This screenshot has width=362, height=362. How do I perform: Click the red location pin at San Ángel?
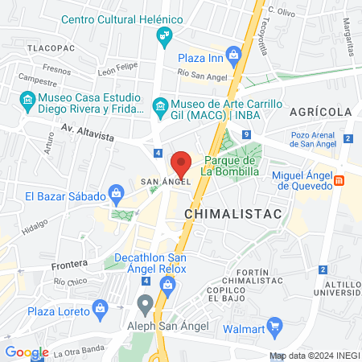[x=181, y=162]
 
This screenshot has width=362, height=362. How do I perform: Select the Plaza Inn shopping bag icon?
[x=233, y=56]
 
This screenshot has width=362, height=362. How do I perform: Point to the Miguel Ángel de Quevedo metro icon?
[x=340, y=180]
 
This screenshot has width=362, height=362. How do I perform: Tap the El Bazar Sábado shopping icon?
[x=116, y=193]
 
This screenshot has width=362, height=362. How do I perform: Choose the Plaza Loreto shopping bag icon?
[x=100, y=307]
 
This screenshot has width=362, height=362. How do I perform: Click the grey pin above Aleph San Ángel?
[x=145, y=304]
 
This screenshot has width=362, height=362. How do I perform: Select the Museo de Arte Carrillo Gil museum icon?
[x=159, y=106]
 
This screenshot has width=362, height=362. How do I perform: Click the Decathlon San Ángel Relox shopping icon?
[x=167, y=284]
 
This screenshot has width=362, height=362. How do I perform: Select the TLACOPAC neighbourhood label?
[x=51, y=49]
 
